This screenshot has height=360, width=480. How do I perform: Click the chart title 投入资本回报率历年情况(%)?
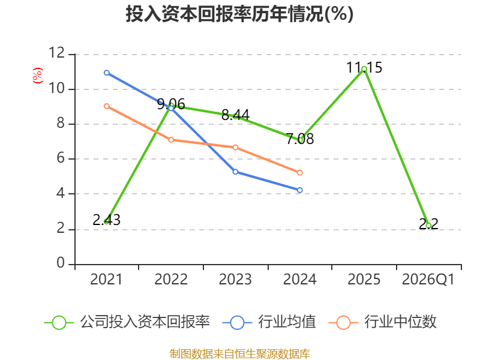(239, 14)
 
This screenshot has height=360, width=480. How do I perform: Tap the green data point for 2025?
(364, 69)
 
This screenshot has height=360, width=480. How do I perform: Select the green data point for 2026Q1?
(428, 226)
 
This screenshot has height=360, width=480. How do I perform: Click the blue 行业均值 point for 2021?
(107, 73)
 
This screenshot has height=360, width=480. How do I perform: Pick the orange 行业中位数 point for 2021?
(107, 106)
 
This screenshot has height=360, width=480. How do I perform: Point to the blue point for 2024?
(299, 190)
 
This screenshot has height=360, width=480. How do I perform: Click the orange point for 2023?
(235, 148)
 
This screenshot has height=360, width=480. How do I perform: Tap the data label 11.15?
(364, 67)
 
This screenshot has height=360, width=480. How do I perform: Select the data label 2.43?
(107, 220)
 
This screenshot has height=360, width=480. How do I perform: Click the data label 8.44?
(235, 115)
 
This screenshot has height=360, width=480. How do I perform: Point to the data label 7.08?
(299, 139)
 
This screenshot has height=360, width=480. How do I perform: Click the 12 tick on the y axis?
(57, 53)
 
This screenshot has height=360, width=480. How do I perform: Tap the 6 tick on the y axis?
(61, 158)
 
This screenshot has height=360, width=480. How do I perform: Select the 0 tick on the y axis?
(61, 263)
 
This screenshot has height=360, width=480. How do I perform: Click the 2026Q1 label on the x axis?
(428, 280)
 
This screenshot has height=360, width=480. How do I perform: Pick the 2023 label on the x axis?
(235, 280)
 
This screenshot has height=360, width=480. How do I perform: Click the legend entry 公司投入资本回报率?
(127, 322)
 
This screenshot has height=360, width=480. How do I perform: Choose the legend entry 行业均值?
(269, 322)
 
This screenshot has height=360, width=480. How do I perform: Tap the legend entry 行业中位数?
(382, 322)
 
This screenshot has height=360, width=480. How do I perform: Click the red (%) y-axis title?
(38, 76)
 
